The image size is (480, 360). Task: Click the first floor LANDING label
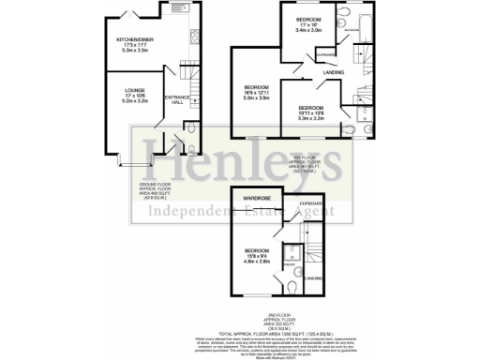pyautogui.click(x=332, y=72)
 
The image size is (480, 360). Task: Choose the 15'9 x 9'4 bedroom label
pyautogui.click(x=259, y=255)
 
